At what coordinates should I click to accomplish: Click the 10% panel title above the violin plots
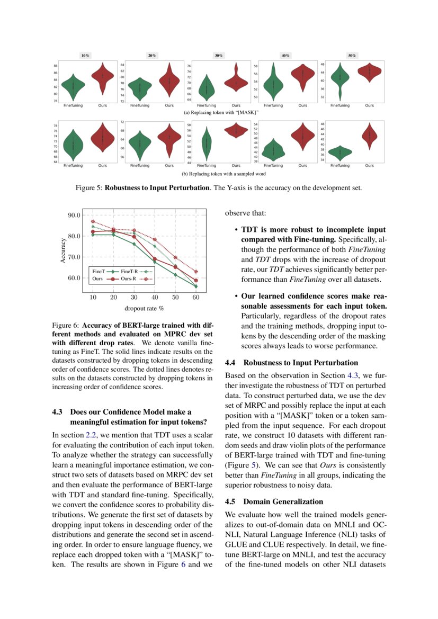pos(85,56)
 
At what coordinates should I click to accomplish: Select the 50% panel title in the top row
pos(352,56)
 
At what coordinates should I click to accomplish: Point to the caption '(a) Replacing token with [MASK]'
pos(220,113)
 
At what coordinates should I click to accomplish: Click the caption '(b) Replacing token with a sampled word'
pos(220,173)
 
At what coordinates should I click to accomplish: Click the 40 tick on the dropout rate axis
pos(155,298)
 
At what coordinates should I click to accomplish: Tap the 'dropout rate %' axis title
pos(144,308)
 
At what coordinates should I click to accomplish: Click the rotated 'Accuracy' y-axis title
pos(63,250)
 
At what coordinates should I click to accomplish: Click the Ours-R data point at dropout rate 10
pos(93,221)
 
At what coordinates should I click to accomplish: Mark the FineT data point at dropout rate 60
pos(196,286)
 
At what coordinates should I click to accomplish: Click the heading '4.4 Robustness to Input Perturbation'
pos(291,363)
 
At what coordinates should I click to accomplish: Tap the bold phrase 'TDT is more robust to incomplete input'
pos(313,230)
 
